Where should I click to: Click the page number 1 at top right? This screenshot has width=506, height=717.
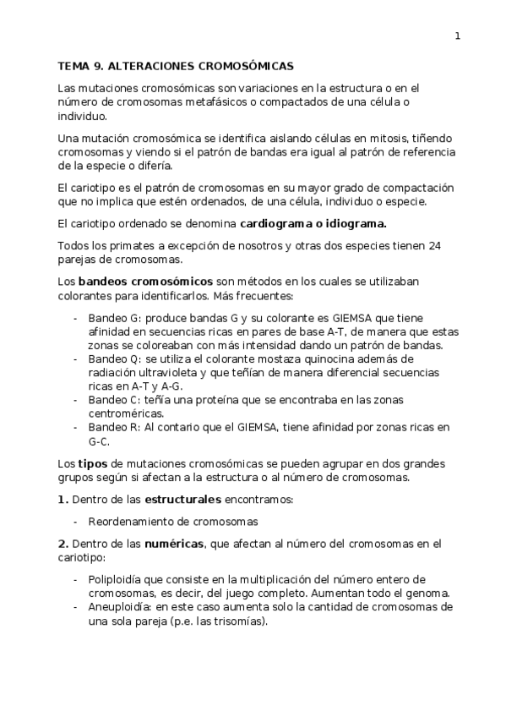tap(457, 36)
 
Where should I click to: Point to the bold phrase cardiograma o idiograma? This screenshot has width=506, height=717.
tap(313, 224)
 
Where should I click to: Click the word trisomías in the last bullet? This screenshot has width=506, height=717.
tap(238, 621)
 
